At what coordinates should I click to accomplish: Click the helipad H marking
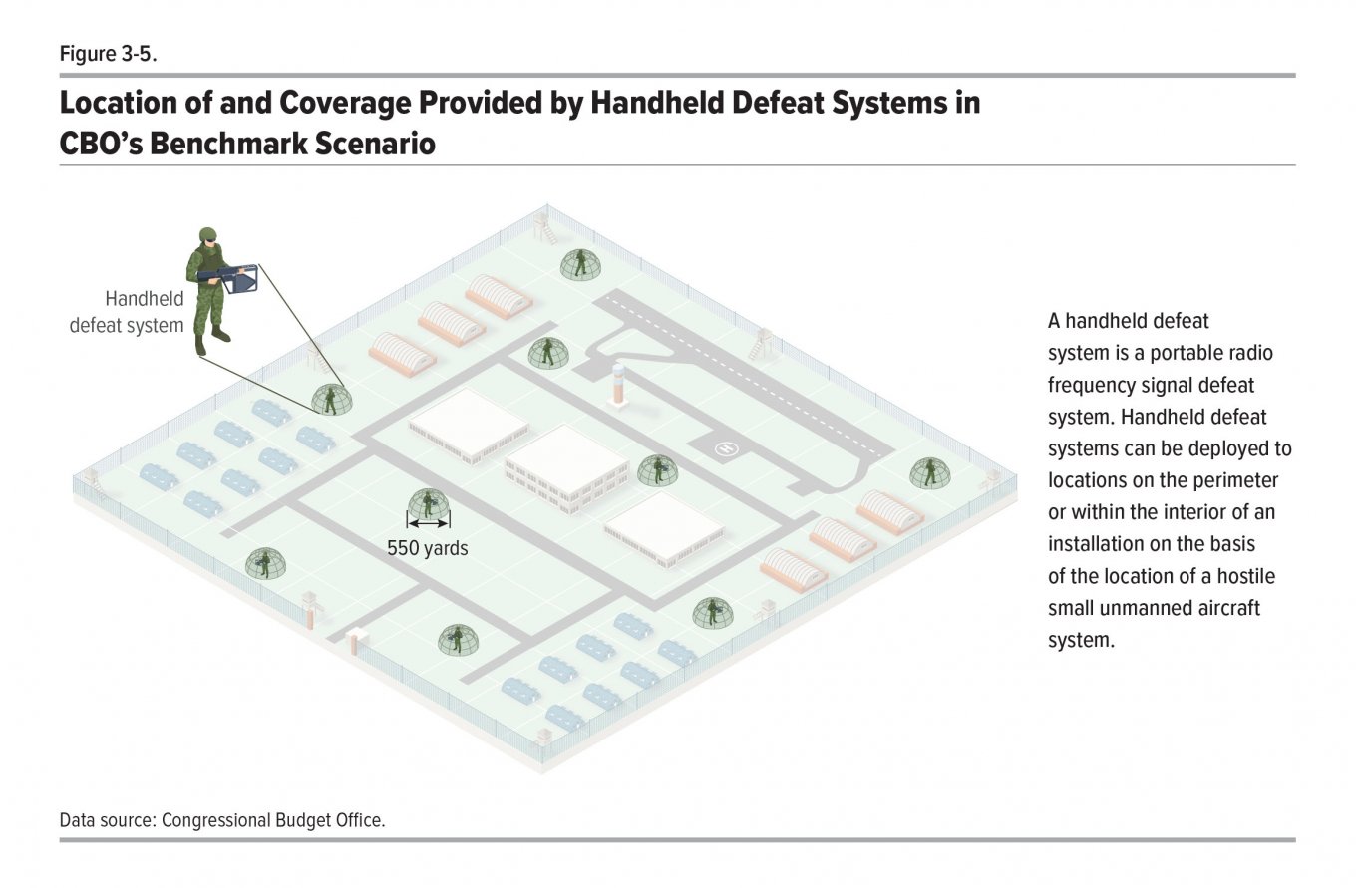(727, 448)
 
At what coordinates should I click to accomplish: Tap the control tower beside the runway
(618, 384)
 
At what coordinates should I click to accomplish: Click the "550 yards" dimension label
(428, 548)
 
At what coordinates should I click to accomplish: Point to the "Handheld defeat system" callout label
(127, 312)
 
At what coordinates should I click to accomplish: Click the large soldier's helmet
(207, 236)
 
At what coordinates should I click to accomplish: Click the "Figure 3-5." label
(108, 54)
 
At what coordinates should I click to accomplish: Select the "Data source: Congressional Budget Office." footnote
(222, 820)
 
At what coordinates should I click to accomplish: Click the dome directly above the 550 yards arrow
(429, 505)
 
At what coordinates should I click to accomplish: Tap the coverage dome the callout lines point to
(331, 400)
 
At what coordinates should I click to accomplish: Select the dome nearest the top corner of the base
(580, 264)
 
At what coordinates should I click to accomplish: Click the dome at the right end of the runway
(930, 473)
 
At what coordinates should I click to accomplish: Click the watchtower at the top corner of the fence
(544, 227)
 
